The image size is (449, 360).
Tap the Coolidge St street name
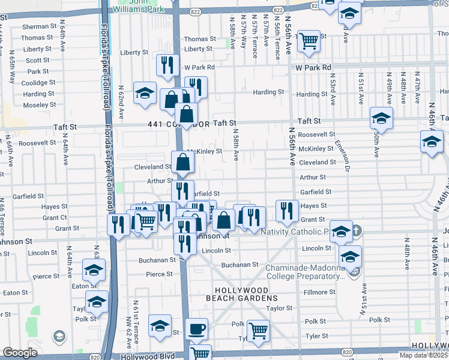[x=39, y=83]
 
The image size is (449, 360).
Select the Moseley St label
[x=39, y=105]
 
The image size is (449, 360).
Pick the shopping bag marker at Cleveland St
[x=182, y=161]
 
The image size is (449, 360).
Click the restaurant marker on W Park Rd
[x=167, y=64]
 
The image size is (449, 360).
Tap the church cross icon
[x=356, y=230]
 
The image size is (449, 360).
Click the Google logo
[x=20, y=353]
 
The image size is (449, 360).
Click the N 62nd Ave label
[x=121, y=100]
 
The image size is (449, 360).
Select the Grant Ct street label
[x=55, y=218]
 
